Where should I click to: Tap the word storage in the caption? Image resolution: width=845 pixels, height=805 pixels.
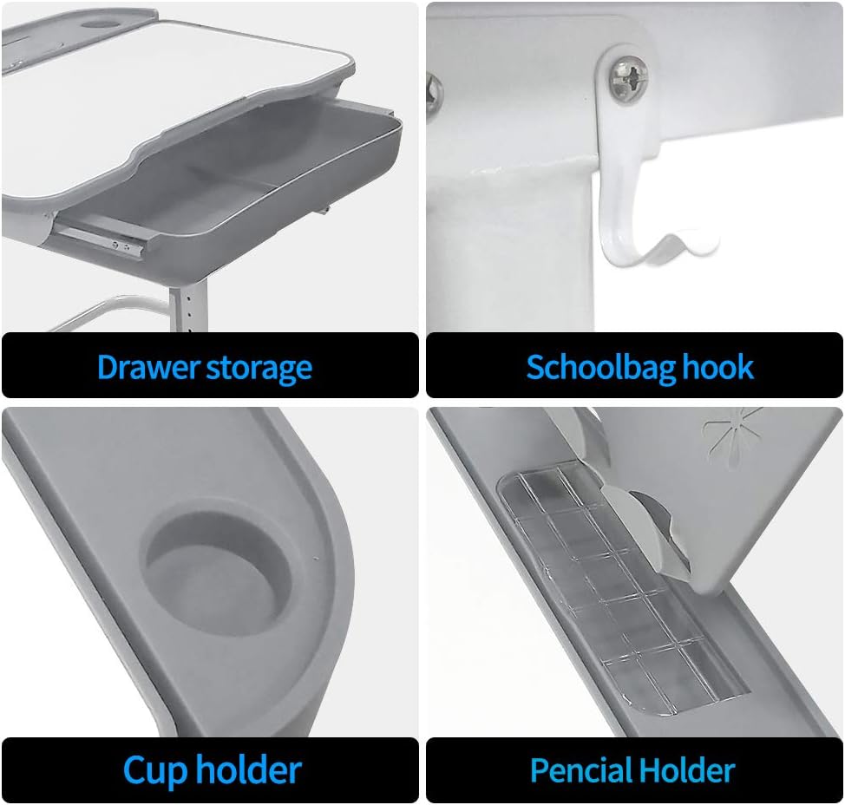(259, 369)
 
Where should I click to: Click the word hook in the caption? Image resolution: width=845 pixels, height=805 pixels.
(717, 367)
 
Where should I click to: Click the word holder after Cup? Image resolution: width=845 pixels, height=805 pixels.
(248, 769)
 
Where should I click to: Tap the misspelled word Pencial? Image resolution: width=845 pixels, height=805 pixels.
(580, 769)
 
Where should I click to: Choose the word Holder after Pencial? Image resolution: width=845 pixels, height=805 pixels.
(685, 769)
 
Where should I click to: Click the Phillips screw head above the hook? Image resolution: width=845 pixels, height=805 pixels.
(629, 79)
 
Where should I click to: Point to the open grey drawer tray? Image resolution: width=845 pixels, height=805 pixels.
(232, 183)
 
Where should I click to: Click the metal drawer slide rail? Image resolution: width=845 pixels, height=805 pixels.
(102, 239)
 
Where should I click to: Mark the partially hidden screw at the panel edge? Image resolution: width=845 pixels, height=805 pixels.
(434, 94)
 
